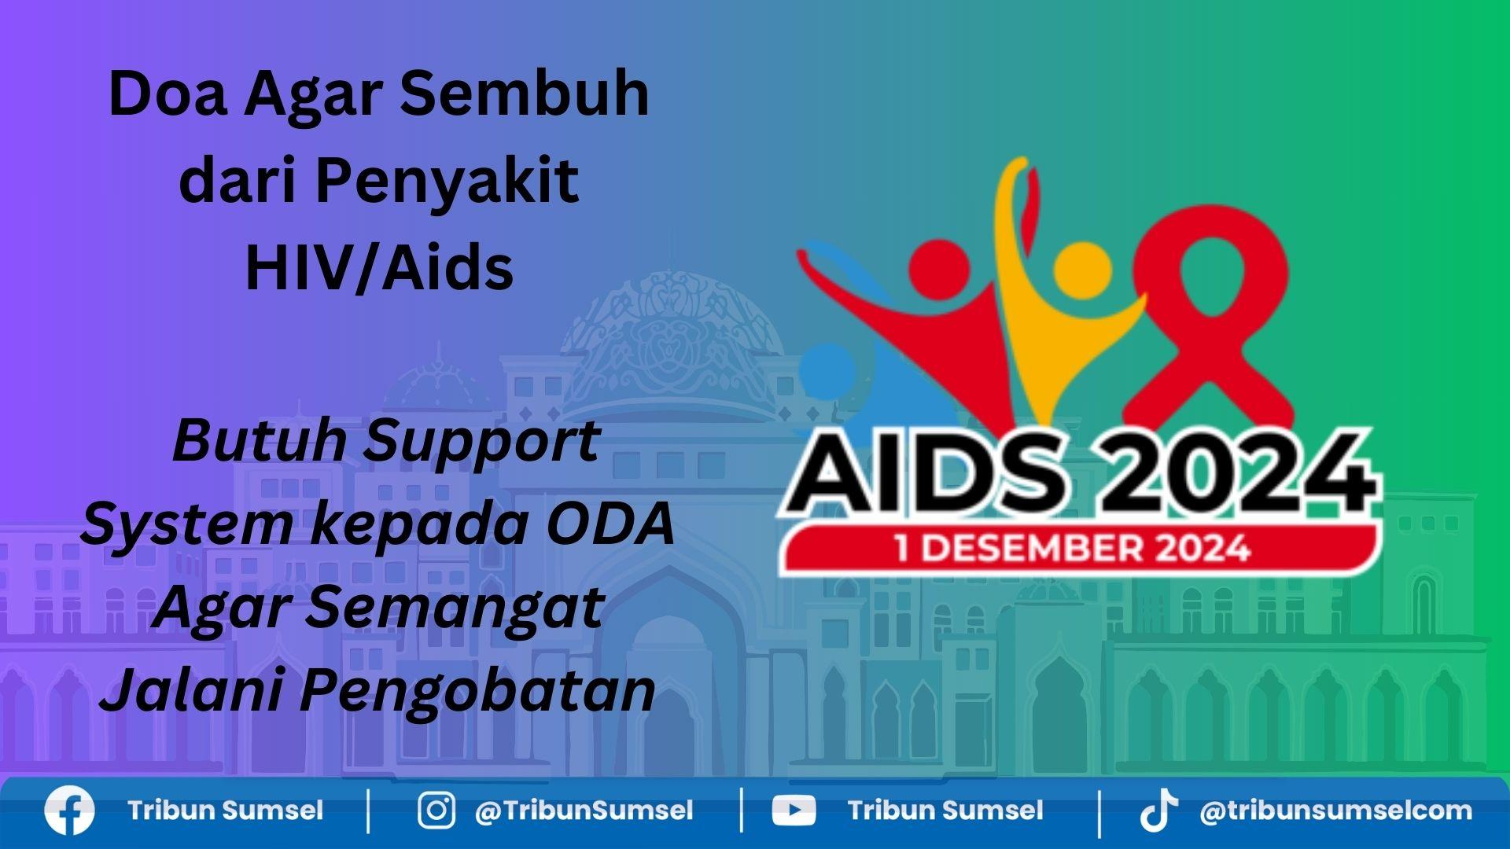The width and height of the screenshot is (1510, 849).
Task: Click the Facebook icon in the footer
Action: point(69,810)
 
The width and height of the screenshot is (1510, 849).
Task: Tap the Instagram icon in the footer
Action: point(436,810)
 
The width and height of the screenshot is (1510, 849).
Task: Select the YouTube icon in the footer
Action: point(794,811)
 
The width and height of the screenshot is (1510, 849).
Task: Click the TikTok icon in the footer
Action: point(1159,811)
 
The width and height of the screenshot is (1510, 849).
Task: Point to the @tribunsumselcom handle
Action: point(1335,811)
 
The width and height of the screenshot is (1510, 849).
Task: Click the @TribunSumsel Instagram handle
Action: point(584,811)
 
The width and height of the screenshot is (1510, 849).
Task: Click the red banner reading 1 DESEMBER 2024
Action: point(1079,548)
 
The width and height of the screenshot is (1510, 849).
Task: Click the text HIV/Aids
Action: point(379,267)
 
